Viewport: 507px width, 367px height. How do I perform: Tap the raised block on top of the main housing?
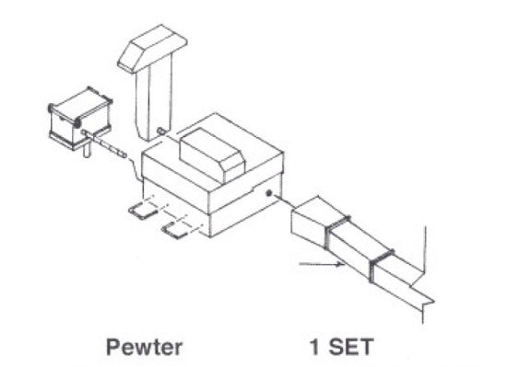tap(215, 147)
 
